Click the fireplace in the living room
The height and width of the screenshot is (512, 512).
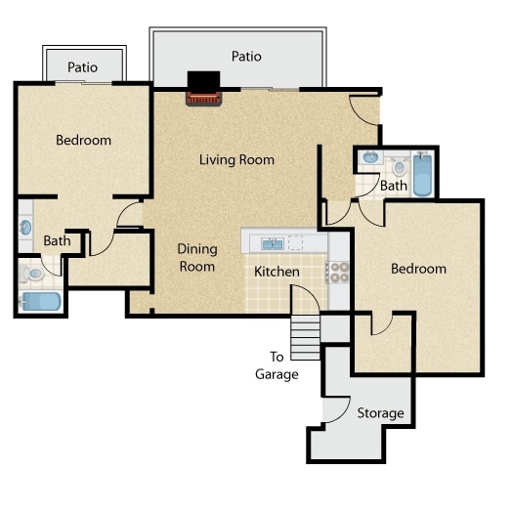[204, 89]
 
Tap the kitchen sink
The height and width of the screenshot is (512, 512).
[273, 243]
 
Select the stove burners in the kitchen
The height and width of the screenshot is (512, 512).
[339, 273]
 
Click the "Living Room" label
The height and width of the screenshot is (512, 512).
[236, 160]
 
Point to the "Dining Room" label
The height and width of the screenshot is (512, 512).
[197, 258]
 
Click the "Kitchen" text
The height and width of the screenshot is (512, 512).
[277, 272]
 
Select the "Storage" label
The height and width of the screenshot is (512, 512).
[380, 413]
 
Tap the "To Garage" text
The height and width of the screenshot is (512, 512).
[277, 365]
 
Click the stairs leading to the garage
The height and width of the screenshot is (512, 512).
[305, 338]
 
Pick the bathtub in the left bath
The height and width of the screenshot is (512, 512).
[41, 301]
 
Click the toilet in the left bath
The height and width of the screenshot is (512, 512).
[31, 274]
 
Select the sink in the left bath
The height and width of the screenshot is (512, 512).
[25, 227]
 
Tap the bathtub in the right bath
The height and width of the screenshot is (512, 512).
[422, 175]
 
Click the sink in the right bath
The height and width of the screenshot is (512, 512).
[370, 157]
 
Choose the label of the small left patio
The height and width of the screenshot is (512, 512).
[83, 67]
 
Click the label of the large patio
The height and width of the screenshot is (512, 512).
[246, 57]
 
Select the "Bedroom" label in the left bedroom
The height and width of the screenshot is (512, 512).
[84, 141]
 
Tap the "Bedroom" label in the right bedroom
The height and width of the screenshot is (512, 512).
[418, 269]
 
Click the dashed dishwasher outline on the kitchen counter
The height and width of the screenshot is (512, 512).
[296, 242]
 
